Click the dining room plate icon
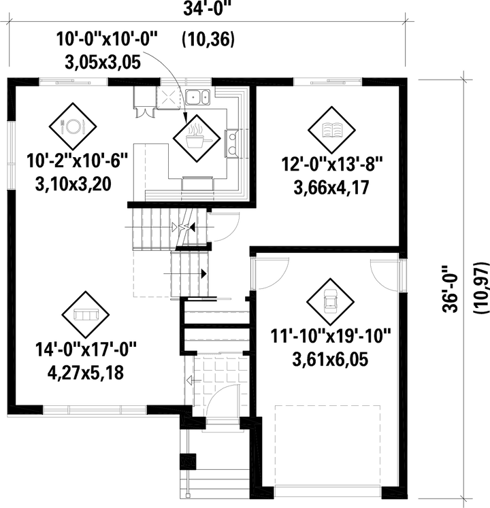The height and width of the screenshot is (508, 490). pos(73,126)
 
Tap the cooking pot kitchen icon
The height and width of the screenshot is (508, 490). pos(197,138)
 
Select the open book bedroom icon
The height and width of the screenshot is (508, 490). pos(331,130)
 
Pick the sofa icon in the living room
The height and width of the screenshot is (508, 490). pos(85,314)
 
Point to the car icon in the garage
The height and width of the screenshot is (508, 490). pos(330,302)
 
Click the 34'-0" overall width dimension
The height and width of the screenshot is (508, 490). pos(208,9)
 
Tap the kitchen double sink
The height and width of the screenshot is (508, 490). pos(197,97)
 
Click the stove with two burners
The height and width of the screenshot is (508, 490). pos(231,143)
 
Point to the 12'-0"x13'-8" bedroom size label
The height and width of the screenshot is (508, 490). pos(332,164)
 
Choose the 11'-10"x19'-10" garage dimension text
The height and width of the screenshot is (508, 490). pos(331,336)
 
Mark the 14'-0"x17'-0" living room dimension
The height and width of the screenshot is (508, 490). pos(86,350)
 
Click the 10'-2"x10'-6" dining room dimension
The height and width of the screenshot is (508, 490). pos(77,160)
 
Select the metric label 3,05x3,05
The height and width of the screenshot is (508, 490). pos(103,62)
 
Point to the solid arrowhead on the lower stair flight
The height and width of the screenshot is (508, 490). pos(204,274)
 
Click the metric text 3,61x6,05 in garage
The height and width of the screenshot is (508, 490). pos(330,359)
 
